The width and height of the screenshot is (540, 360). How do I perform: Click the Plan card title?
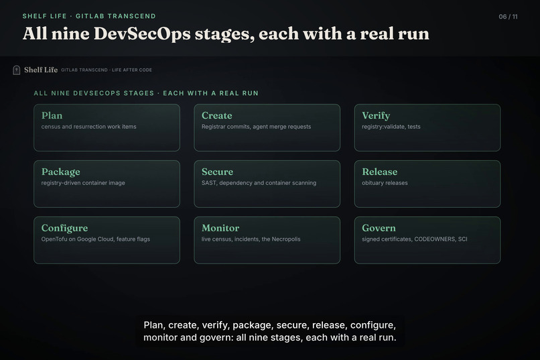point(52,116)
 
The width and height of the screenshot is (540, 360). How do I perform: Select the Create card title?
point(216,116)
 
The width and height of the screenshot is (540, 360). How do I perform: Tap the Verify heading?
point(376,116)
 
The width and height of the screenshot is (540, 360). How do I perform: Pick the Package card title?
point(60,172)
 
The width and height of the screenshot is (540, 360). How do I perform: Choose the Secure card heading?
point(217,172)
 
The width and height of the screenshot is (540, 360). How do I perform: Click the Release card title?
point(379,172)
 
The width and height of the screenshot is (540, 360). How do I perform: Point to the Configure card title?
point(64,229)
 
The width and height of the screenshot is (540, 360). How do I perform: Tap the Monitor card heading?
point(220,228)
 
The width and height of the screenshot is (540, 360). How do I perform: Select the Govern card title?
point(379,228)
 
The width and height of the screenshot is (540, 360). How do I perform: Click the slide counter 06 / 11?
point(508,17)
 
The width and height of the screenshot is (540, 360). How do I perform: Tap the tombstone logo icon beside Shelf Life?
point(17,70)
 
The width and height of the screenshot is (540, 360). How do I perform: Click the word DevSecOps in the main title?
point(142,34)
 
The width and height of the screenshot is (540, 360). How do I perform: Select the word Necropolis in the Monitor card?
point(286,239)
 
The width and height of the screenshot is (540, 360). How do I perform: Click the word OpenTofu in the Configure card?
point(54,239)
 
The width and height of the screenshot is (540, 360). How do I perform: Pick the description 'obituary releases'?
point(385,183)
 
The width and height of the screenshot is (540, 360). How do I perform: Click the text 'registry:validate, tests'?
point(391,127)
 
